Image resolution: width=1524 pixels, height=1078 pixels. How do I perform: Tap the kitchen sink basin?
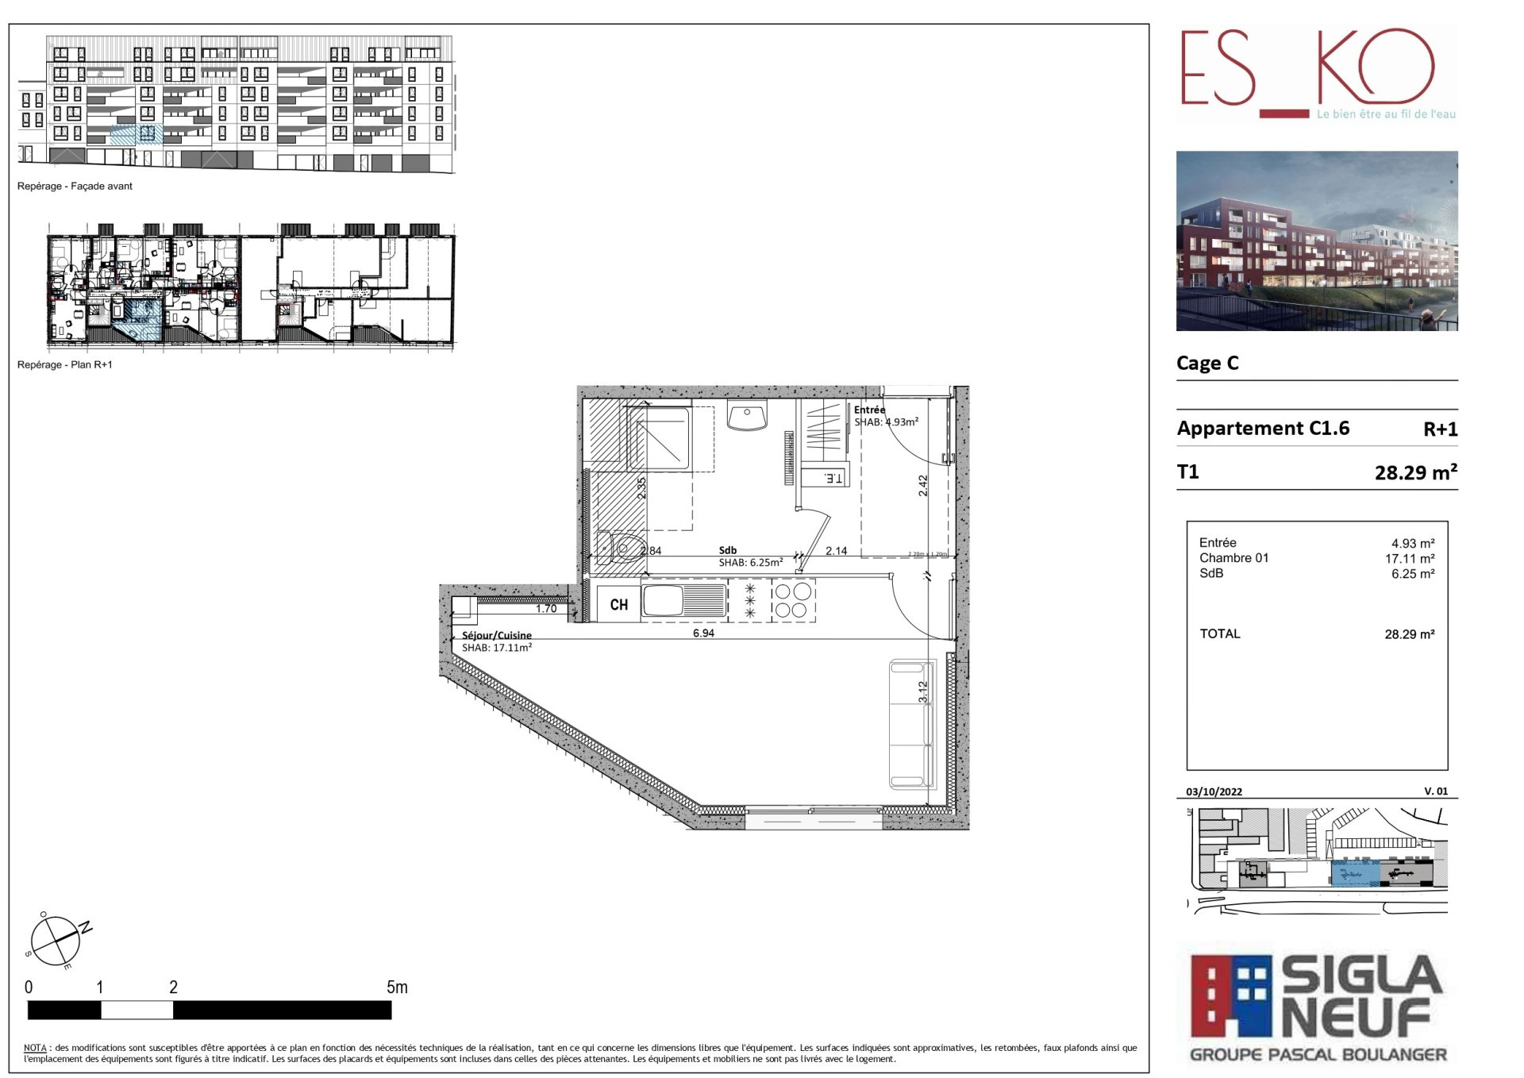(x=663, y=600)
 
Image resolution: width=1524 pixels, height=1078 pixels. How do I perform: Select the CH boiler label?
(x=619, y=605)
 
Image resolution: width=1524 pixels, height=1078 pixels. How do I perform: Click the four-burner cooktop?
(x=792, y=600)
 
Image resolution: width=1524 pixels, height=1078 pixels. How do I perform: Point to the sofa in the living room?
(x=910, y=723)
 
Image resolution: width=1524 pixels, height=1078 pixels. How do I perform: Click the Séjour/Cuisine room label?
(x=497, y=635)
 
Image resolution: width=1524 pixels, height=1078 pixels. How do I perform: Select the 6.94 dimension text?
(x=703, y=633)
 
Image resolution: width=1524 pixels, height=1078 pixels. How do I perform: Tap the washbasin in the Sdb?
(x=746, y=414)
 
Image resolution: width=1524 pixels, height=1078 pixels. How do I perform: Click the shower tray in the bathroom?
(x=660, y=438)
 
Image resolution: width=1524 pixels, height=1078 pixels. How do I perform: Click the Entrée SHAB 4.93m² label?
(x=885, y=416)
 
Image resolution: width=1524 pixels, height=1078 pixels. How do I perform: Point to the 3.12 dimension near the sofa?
(x=923, y=691)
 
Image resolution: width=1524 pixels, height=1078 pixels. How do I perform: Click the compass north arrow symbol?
(x=57, y=940)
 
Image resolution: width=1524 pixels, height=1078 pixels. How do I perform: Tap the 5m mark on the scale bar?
(x=397, y=987)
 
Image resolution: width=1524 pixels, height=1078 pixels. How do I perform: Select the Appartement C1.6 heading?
(x=1263, y=428)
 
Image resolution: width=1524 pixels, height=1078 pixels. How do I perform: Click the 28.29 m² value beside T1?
(x=1415, y=472)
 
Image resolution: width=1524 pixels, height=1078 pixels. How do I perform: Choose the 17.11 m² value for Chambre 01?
(x=1409, y=558)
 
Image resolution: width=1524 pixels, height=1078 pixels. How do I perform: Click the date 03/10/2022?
(x=1214, y=791)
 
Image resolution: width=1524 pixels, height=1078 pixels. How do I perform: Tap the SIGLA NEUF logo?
(x=1317, y=1007)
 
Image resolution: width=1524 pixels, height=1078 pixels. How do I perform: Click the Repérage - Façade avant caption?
(x=75, y=186)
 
